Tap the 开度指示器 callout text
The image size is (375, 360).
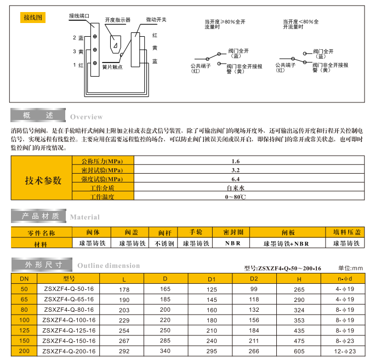[117, 20]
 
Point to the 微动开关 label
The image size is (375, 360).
[156, 19]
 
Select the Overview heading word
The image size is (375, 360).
[86, 117]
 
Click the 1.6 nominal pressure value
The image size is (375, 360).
[236, 162]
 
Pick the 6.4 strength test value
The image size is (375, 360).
[236, 179]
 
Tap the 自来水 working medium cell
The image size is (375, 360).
[236, 187]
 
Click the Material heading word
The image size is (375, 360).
[85, 217]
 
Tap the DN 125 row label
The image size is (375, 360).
[24, 330]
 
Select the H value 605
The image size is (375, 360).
[298, 351]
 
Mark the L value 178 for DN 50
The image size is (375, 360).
[124, 289]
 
